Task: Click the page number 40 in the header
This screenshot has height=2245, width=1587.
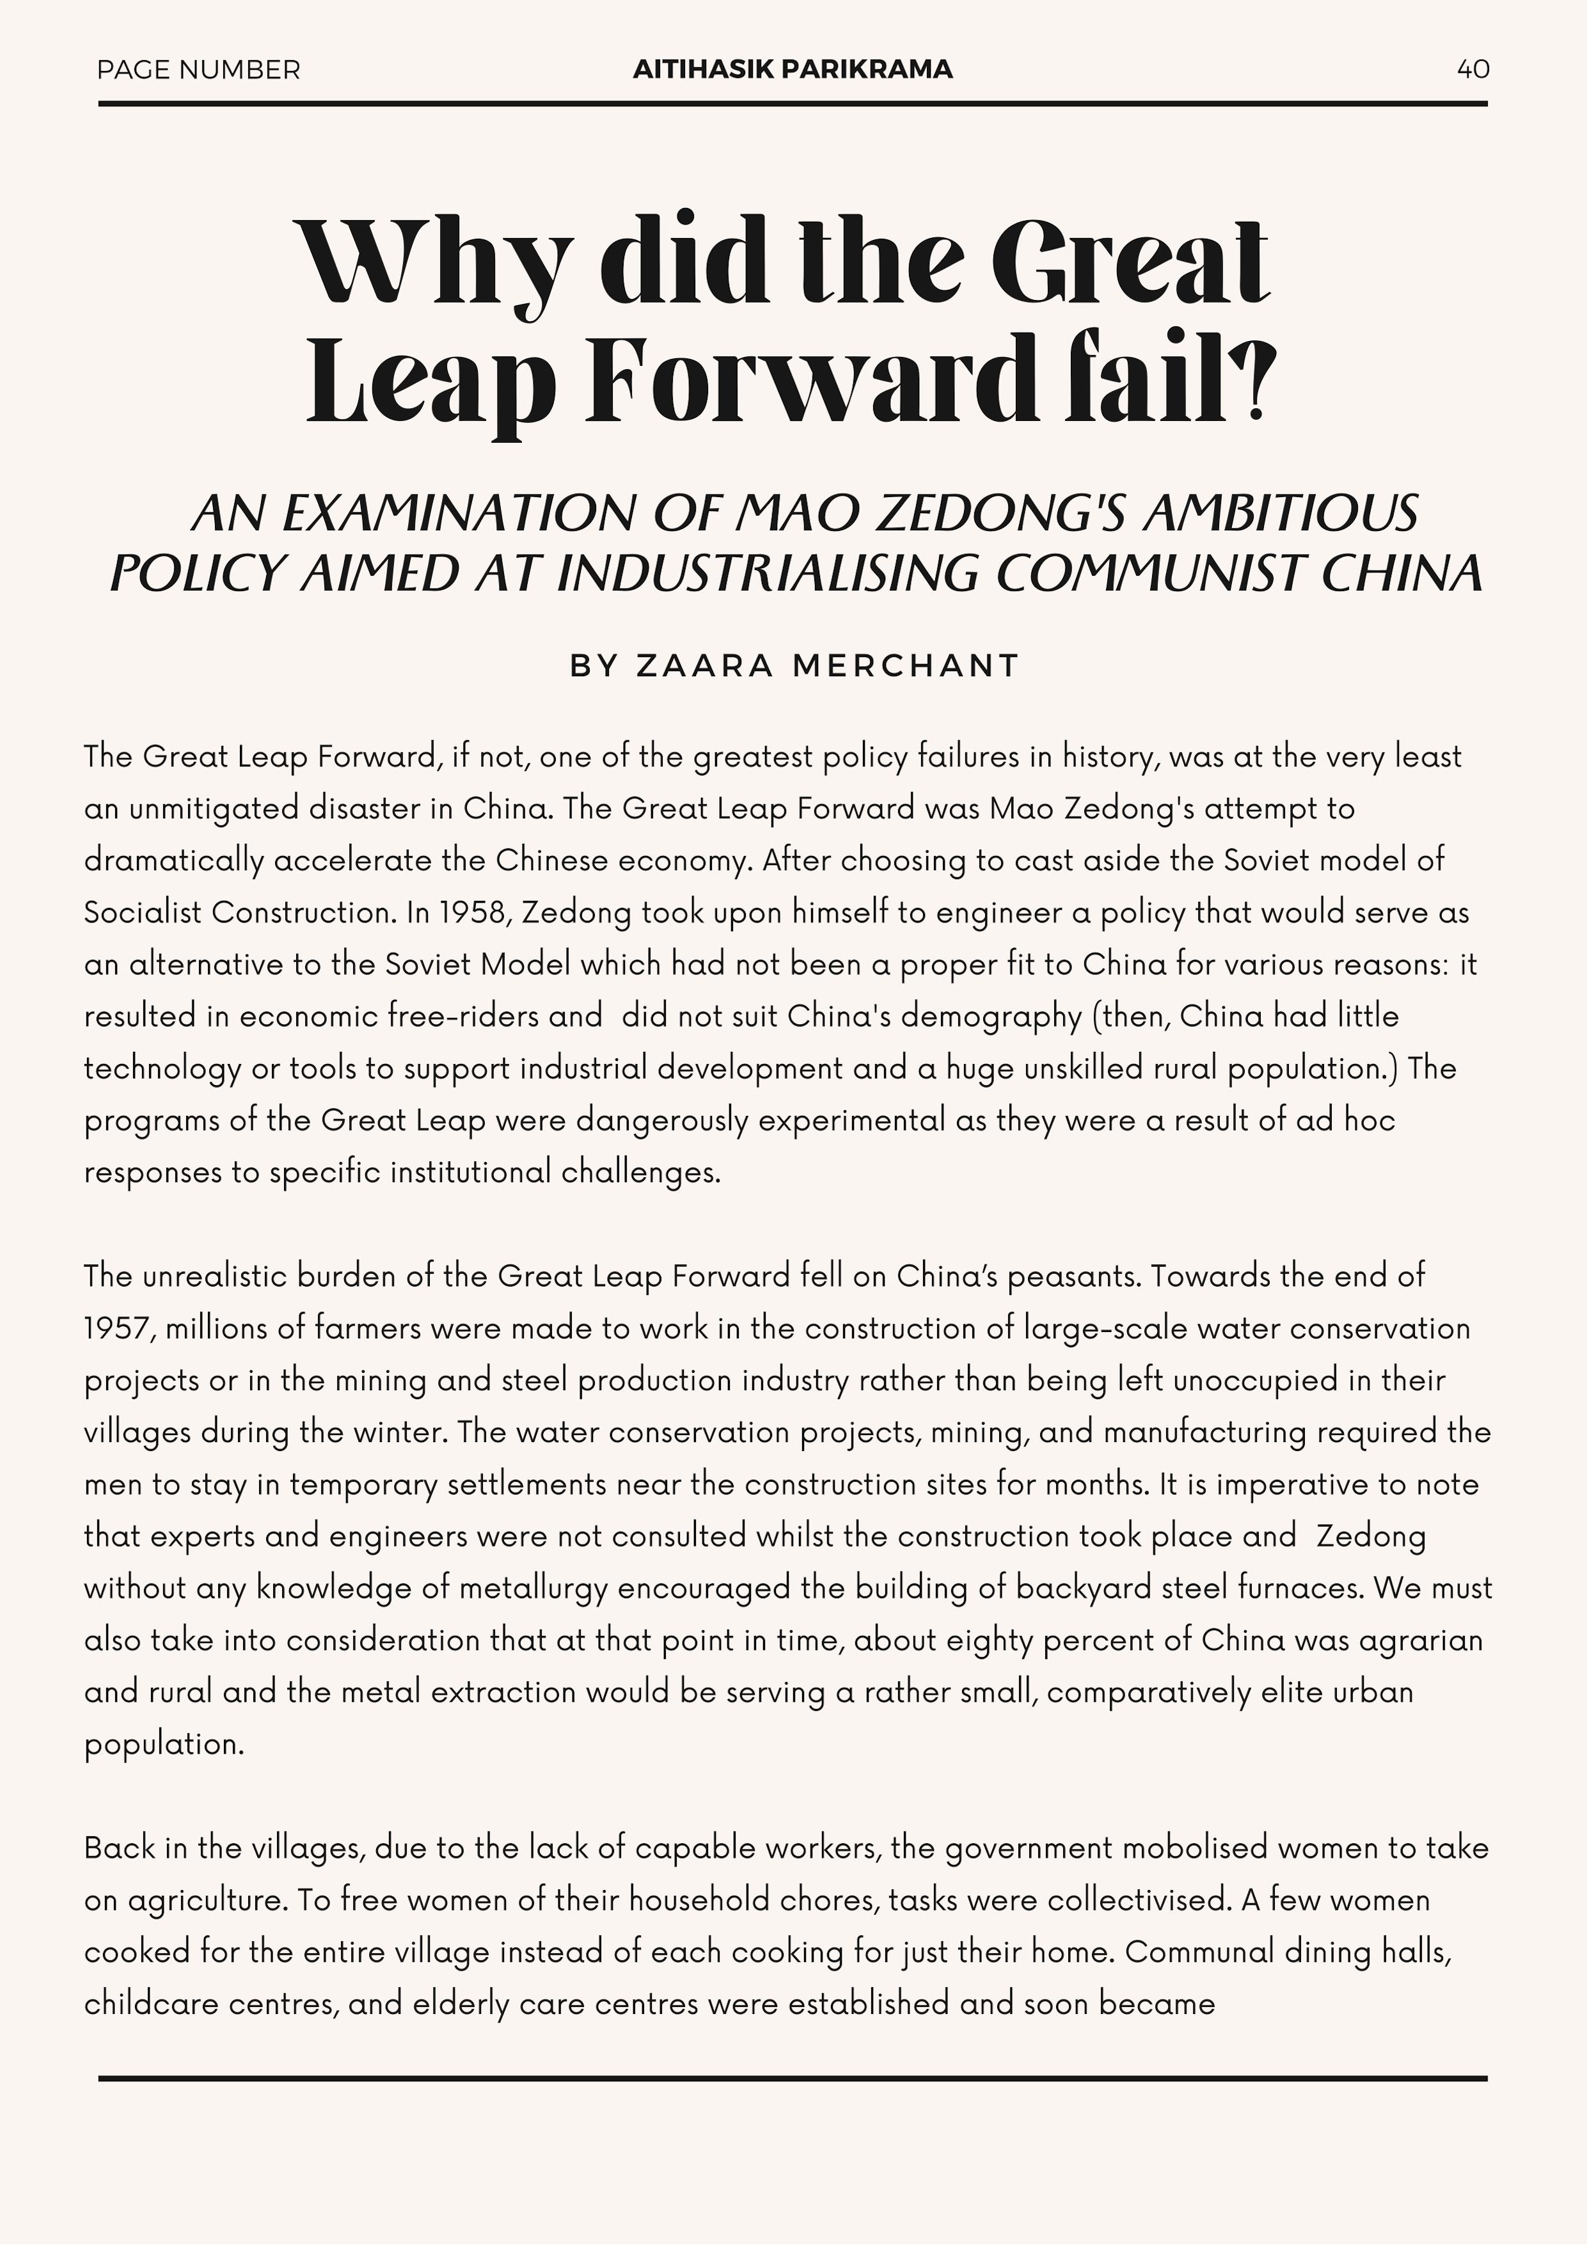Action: [1473, 70]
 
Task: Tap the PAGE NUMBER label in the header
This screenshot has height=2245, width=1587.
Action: [198, 70]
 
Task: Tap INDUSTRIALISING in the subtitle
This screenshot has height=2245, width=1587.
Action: [768, 574]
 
